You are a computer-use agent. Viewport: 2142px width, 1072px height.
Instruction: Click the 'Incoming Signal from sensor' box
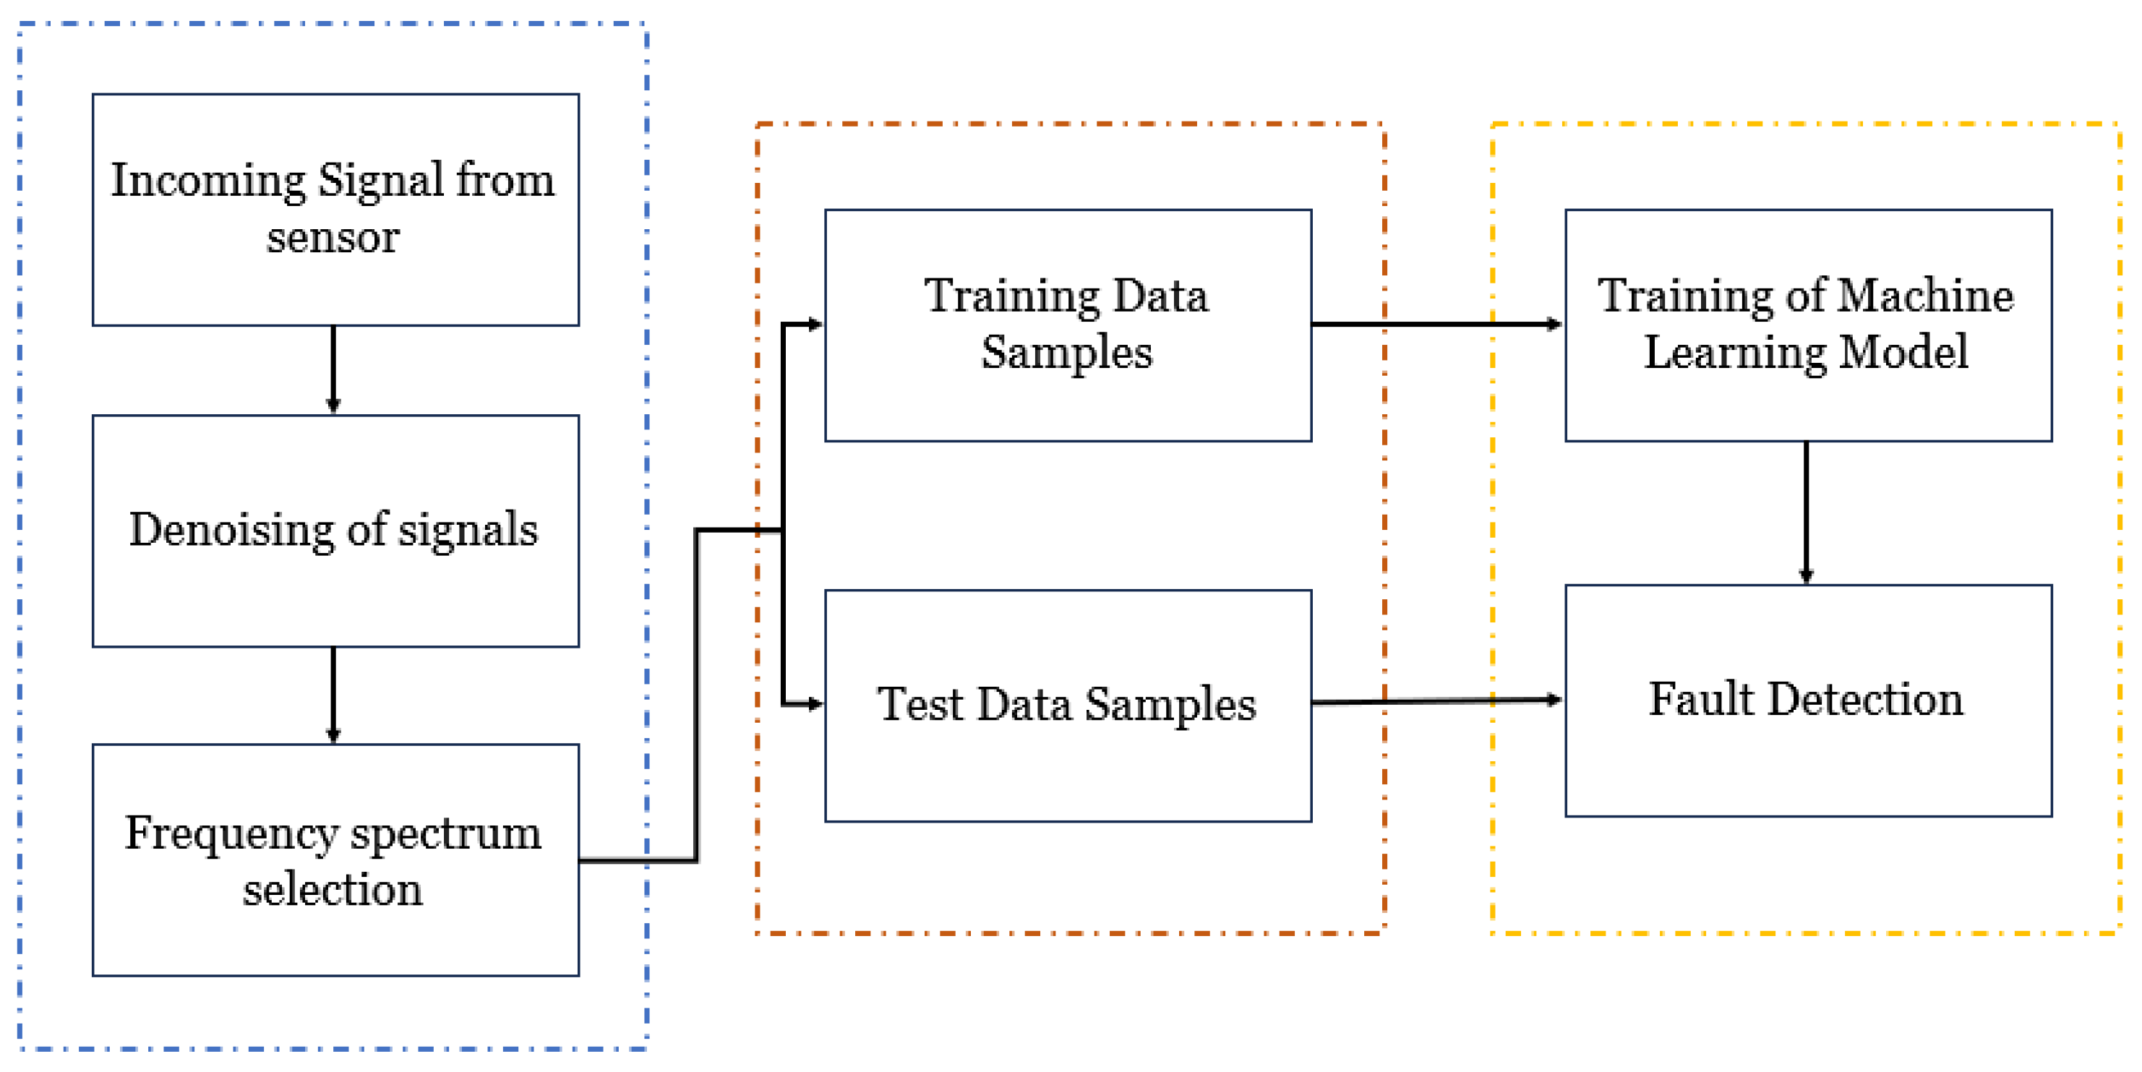(x=335, y=209)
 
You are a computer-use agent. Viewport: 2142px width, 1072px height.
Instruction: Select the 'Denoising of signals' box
(x=335, y=531)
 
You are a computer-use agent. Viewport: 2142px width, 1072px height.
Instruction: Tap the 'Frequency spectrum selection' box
(x=335, y=860)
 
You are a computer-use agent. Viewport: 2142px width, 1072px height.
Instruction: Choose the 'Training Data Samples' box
(x=1068, y=325)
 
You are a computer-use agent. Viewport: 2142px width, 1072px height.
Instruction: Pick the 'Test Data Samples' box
(x=1068, y=706)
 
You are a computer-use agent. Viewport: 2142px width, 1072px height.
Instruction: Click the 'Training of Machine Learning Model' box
(x=1808, y=325)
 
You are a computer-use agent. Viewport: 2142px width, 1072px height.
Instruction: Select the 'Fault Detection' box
(x=1808, y=700)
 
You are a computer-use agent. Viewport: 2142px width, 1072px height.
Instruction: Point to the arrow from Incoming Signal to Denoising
(x=333, y=369)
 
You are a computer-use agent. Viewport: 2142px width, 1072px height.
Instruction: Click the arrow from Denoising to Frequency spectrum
(x=333, y=695)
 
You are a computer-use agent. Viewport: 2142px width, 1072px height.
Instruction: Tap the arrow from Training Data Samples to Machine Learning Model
(x=1437, y=325)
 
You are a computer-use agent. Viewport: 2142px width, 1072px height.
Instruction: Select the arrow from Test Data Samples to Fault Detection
(x=1437, y=702)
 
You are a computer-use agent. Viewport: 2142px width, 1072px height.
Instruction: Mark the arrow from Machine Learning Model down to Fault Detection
(x=1806, y=513)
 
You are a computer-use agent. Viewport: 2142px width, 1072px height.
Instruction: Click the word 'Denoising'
(x=231, y=531)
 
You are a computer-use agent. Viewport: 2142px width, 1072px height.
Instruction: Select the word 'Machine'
(x=1926, y=296)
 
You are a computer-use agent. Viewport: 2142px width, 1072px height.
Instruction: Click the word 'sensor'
(x=333, y=238)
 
